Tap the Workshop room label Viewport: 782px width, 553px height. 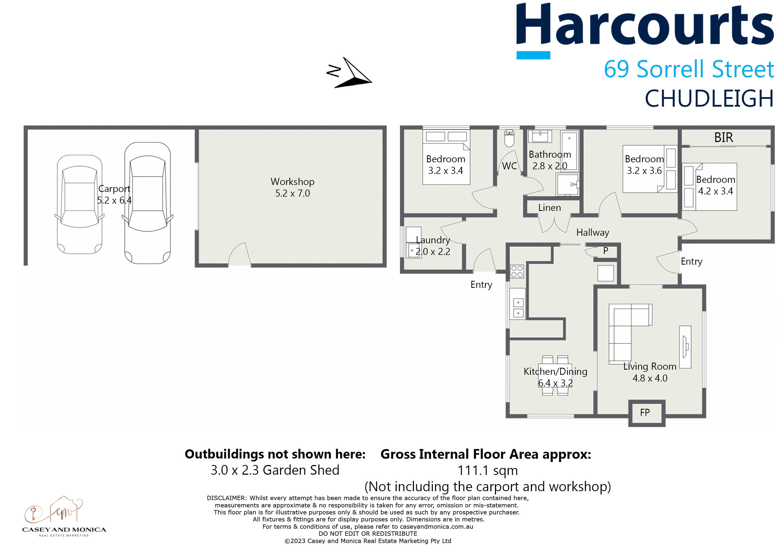coord(292,181)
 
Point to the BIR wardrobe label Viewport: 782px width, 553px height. coord(723,137)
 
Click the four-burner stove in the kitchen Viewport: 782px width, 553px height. coord(517,271)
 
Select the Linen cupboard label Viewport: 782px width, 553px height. coord(550,208)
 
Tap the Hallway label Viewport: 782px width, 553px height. coord(593,232)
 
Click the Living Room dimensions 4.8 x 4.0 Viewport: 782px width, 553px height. coord(650,378)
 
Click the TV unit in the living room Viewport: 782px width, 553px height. coord(685,347)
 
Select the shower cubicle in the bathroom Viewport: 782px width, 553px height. coord(567,184)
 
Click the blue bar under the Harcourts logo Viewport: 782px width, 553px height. coord(533,55)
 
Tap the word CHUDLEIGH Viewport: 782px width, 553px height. coord(709,99)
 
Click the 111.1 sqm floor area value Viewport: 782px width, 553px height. coord(487,471)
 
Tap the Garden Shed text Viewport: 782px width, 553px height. coord(301,470)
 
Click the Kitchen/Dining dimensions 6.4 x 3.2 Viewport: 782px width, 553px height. coord(555,383)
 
